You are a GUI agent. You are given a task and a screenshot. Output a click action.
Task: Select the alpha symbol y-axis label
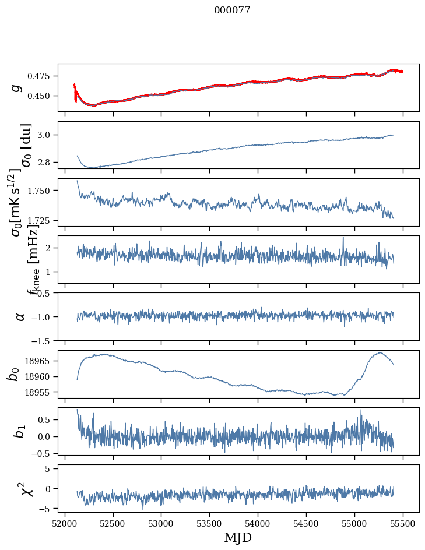(20, 316)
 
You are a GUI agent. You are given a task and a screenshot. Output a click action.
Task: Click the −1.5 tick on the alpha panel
(43, 340)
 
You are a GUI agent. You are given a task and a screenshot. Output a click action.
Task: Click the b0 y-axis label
(13, 373)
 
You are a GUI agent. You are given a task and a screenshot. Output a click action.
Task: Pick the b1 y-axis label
(20, 431)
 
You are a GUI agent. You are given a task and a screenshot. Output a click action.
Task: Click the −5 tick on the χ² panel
(46, 509)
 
